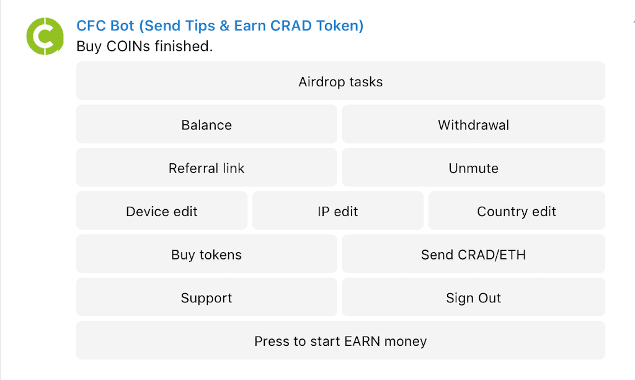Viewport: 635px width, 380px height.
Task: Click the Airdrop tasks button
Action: coord(340,81)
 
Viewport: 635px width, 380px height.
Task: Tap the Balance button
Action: coord(206,125)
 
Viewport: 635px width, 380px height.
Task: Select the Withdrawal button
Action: coord(473,125)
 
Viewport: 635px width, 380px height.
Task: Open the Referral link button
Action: coord(206,168)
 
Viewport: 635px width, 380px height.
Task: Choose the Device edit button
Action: coord(162,211)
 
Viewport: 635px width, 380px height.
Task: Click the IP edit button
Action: coord(338,211)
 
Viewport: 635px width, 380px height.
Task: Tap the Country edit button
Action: coord(517,211)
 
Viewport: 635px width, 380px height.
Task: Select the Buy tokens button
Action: coord(206,255)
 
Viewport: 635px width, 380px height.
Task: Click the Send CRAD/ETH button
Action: coord(473,255)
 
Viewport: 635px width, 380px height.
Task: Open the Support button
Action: coord(206,298)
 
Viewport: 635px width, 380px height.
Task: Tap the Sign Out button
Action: coord(473,298)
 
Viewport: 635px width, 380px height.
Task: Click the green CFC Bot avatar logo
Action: coord(45,36)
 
